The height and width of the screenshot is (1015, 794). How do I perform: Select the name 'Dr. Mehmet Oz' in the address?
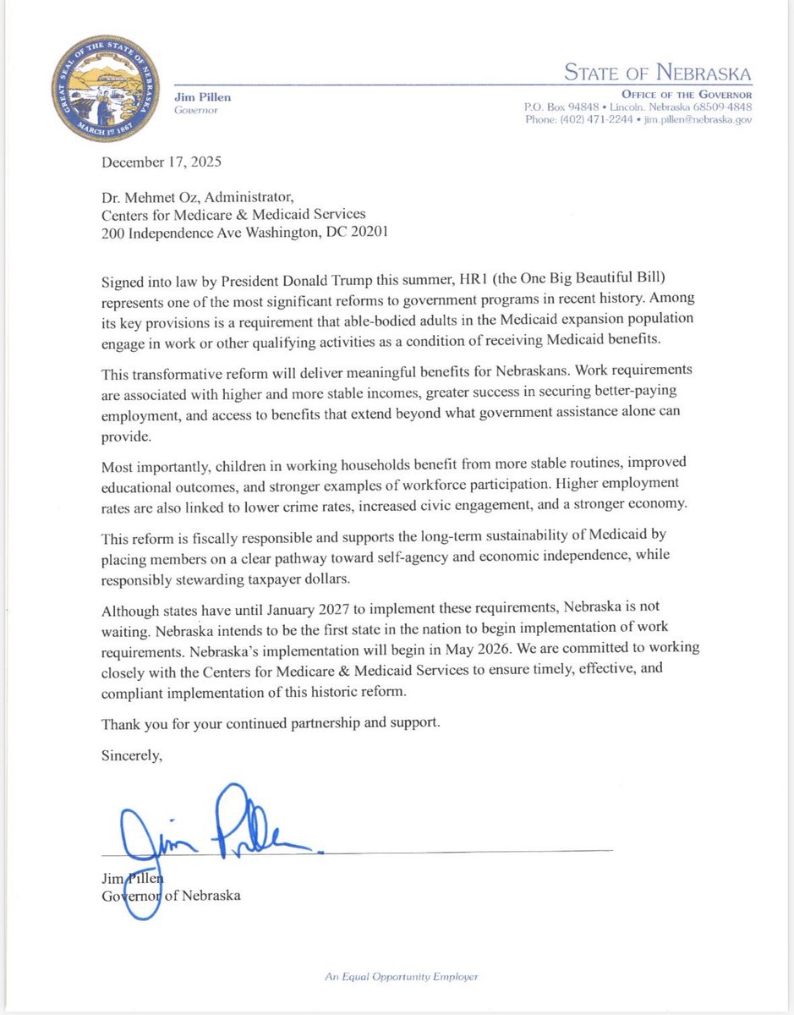coord(145,199)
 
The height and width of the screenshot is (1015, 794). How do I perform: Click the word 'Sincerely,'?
coord(131,756)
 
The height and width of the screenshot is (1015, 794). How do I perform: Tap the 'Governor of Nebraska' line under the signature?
coord(170,895)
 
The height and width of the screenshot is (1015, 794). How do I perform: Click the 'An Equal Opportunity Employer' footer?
coord(401,976)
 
